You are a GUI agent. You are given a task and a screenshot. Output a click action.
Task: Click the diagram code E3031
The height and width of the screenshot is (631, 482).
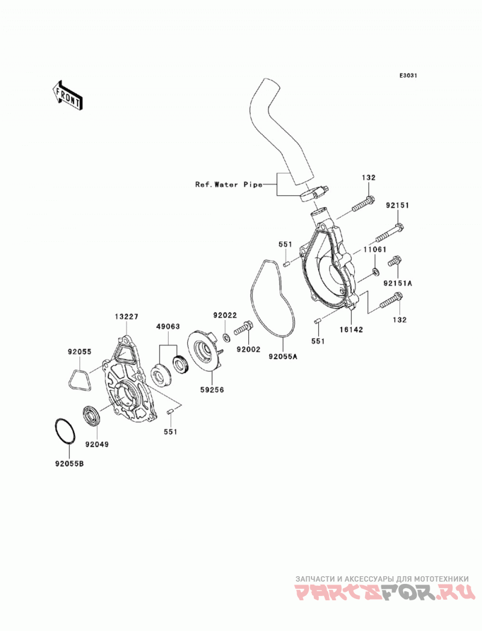click(x=408, y=75)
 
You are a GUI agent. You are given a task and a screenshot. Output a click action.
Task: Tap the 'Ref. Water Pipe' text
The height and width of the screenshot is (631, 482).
click(x=228, y=184)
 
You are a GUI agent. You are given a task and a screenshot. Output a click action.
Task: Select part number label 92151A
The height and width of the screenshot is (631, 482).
click(x=398, y=283)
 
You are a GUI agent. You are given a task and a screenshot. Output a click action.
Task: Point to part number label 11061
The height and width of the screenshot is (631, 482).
click(x=375, y=250)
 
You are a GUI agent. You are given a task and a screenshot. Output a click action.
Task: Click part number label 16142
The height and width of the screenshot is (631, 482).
click(x=351, y=330)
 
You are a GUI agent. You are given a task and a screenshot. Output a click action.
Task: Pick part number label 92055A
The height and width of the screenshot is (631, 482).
click(x=283, y=356)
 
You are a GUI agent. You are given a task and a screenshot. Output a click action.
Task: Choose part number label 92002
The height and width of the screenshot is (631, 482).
click(x=248, y=350)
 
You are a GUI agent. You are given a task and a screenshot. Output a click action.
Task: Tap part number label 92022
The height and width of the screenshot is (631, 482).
click(x=225, y=315)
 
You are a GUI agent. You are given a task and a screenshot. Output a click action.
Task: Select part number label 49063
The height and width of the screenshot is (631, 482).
click(x=168, y=327)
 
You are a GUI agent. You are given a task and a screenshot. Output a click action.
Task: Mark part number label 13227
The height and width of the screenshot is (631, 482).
click(x=127, y=317)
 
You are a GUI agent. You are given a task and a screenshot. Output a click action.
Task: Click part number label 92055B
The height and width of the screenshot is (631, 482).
click(x=70, y=463)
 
